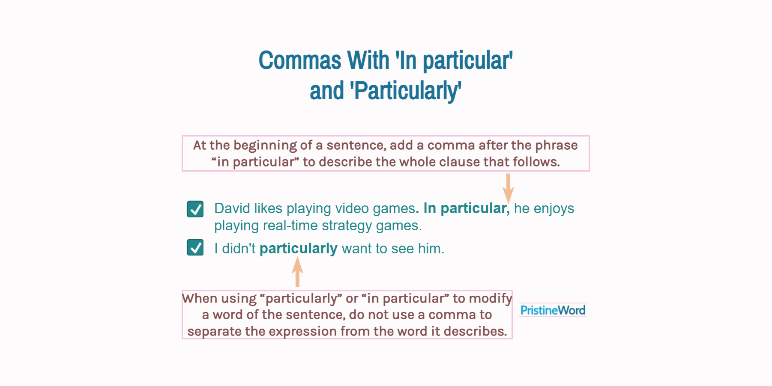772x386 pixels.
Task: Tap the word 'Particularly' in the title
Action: point(406,91)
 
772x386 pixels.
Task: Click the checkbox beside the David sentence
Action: point(195,209)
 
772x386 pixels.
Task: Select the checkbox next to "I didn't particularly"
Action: point(195,247)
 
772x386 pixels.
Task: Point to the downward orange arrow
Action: point(508,188)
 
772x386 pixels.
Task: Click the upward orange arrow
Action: point(297,272)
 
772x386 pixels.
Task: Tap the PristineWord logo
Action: point(553,310)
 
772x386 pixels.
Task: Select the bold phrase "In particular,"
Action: point(467,208)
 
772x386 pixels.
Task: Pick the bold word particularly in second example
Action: point(298,249)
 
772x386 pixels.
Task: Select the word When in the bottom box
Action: point(198,298)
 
